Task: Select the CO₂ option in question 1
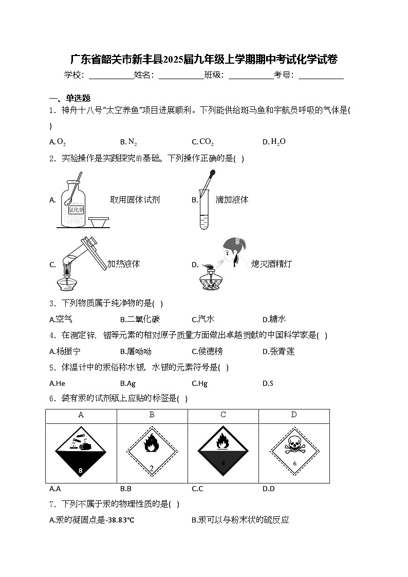tap(206, 142)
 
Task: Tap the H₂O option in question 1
tap(277, 142)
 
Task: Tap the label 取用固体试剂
tap(135, 200)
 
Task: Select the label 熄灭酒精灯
tap(272, 264)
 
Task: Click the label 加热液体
tap(124, 264)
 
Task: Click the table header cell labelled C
tap(223, 415)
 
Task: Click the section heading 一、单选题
tap(70, 99)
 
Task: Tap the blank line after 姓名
tap(181, 75)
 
